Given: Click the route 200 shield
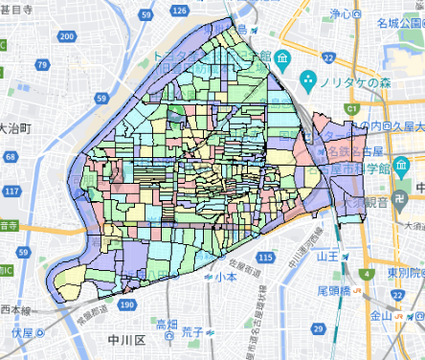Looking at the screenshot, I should tap(65, 35).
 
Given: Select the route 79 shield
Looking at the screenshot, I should tap(44, 65).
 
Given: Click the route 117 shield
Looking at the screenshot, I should tap(12, 191).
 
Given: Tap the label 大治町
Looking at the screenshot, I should tap(16, 126).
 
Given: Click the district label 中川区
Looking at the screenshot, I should tap(125, 340).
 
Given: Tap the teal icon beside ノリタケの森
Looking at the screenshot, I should tap(309, 79).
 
